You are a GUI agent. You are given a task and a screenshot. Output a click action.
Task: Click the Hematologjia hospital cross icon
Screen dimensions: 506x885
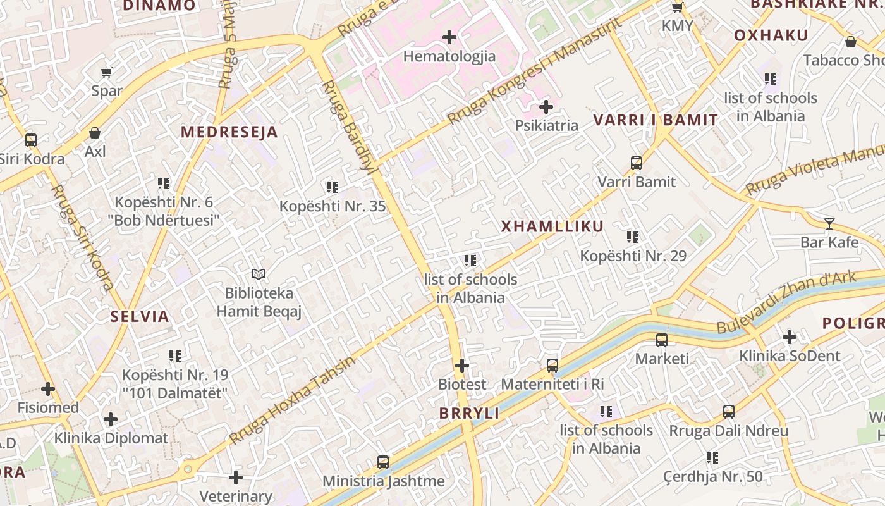point(449,37)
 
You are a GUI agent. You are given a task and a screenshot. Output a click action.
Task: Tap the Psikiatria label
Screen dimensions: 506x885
point(546,125)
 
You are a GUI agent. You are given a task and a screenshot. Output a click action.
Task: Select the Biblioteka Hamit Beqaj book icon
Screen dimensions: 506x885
point(258,274)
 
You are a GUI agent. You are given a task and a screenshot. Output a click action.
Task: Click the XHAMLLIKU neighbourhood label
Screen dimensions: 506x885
point(552,226)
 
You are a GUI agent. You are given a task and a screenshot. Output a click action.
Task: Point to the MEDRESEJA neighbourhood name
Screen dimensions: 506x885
point(229,132)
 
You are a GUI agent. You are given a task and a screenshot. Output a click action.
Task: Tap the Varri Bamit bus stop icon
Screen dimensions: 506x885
point(637,163)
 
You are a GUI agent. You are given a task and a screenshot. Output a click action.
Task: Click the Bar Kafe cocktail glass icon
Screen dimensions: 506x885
point(829,223)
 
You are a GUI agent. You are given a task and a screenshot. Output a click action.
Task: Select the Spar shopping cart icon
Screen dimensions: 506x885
point(107,72)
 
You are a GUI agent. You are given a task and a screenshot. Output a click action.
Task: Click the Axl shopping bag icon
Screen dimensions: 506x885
point(95,133)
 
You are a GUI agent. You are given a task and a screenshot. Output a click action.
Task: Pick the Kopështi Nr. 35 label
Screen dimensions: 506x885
point(333,206)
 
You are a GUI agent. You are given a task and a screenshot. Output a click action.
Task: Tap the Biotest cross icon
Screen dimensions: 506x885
point(462,366)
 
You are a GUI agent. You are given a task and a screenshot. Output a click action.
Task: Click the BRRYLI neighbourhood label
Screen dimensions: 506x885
point(470,414)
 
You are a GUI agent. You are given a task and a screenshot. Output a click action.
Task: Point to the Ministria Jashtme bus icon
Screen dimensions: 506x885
point(383,462)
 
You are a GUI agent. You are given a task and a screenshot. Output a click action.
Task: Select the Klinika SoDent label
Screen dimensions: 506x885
point(790,356)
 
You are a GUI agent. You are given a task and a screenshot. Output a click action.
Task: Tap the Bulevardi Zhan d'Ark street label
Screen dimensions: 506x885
point(787,302)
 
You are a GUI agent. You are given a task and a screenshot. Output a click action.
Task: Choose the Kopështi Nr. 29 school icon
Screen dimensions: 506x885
point(633,237)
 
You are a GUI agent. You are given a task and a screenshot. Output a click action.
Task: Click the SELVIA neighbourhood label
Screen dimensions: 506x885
point(140,317)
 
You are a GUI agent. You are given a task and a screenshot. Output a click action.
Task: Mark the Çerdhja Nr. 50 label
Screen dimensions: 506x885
point(713,476)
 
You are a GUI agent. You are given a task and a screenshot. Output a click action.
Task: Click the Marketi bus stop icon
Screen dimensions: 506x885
point(662,340)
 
